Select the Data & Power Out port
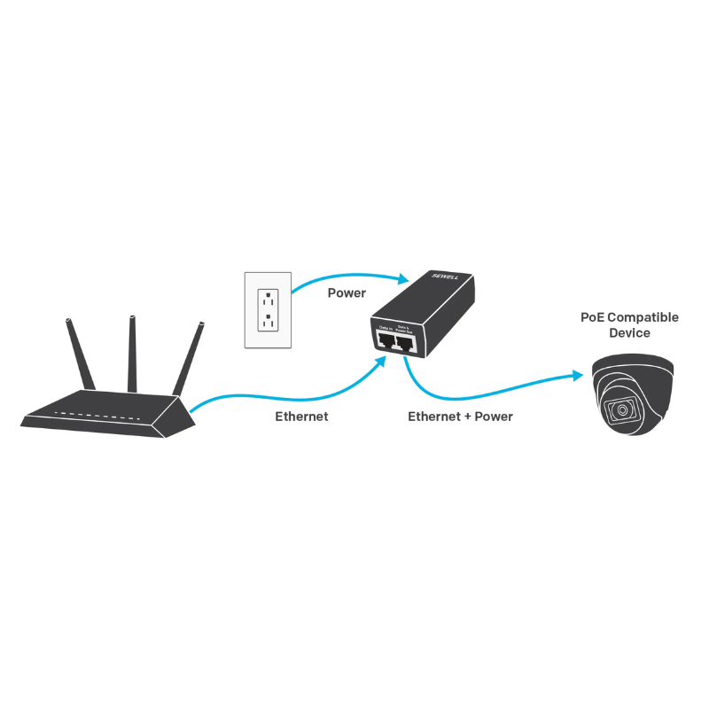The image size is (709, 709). click(407, 343)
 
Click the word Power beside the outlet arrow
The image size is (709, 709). click(347, 292)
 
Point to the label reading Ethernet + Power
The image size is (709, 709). click(460, 416)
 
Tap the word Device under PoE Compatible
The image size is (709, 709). click(629, 333)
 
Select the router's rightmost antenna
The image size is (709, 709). click(188, 359)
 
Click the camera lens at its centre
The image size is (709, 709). click(623, 410)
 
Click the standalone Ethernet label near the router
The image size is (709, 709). click(301, 416)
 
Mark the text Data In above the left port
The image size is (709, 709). click(386, 327)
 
